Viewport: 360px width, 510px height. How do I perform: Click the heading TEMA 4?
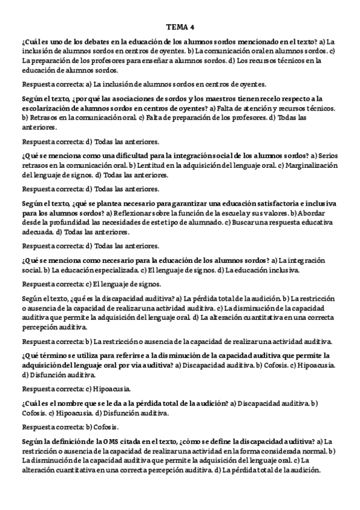(x=180, y=27)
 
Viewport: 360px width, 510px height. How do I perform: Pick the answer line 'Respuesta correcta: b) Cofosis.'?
(x=70, y=426)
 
